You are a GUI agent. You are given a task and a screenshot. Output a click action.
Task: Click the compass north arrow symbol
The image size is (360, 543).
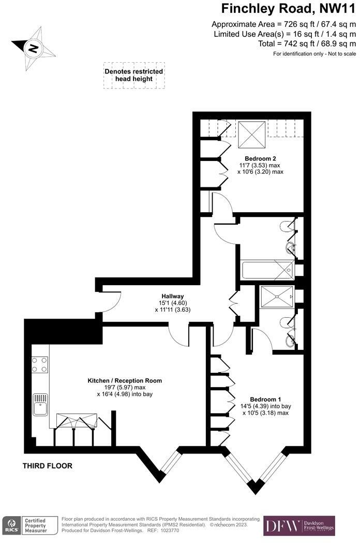point(33,48)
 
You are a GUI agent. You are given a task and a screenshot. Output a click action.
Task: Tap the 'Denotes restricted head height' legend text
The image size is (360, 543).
point(134,75)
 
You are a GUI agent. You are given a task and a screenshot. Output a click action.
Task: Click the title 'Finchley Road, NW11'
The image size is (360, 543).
point(288,9)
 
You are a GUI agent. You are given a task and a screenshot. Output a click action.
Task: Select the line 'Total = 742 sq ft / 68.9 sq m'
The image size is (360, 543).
point(306,44)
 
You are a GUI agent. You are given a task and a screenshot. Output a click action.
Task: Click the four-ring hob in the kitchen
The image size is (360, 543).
point(40,364)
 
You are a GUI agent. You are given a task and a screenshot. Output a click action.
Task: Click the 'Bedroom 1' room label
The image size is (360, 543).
point(265,399)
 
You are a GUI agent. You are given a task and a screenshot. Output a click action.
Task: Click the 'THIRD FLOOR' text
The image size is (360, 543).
point(48,466)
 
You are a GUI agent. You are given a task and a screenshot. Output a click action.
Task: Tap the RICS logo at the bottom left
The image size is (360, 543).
point(10,525)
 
